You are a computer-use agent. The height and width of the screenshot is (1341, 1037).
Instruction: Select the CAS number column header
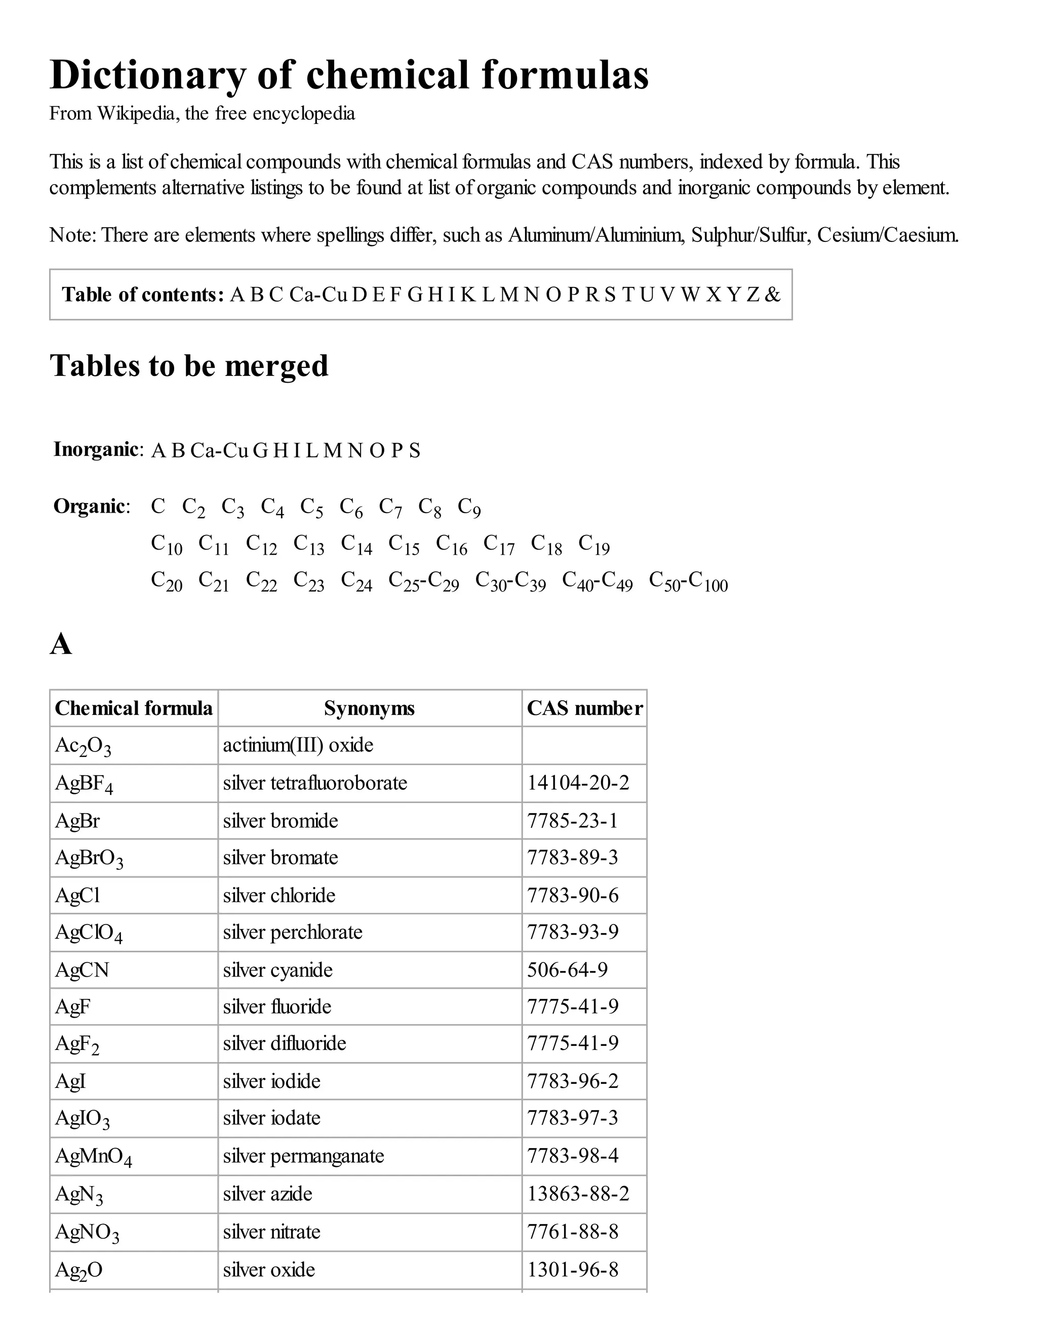[x=584, y=708]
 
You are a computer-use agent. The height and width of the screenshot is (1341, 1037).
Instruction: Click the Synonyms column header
[x=369, y=708]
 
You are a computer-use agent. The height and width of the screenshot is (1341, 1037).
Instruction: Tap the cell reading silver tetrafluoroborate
[x=314, y=783]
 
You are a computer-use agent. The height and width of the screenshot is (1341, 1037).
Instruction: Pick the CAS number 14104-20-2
[x=578, y=783]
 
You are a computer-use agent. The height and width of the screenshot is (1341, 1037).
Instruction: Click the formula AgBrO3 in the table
[x=89, y=858]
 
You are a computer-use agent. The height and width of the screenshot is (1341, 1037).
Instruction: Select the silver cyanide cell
[x=277, y=970]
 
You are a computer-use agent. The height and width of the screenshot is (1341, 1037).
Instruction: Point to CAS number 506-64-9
[x=567, y=970]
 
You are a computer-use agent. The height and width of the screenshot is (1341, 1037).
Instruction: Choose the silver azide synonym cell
[x=267, y=1194]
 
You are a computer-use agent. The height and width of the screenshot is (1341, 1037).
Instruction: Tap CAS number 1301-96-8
[x=573, y=1269]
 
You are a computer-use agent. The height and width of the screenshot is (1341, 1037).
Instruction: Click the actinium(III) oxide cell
[x=298, y=745]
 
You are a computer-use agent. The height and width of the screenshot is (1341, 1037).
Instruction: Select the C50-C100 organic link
[x=688, y=581]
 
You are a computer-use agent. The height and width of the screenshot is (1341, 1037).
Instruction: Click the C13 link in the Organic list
[x=308, y=544]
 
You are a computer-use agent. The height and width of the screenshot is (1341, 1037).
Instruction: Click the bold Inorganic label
[x=96, y=449]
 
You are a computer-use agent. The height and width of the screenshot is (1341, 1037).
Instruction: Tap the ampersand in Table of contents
[x=772, y=295]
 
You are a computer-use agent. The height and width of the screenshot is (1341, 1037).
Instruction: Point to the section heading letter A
[x=61, y=645]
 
